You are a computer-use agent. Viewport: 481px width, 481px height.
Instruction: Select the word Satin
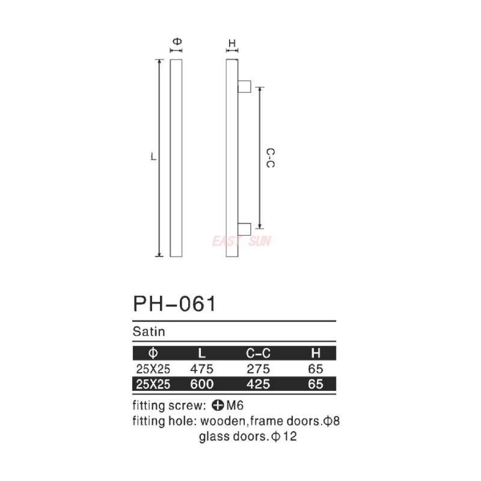[x=149, y=331]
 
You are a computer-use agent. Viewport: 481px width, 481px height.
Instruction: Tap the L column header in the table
[x=201, y=353]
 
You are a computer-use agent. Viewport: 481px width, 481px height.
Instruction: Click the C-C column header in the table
[x=259, y=353]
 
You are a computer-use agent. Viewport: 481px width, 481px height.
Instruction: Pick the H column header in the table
[x=315, y=353]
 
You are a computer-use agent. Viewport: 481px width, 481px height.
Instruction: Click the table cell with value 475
[x=201, y=369]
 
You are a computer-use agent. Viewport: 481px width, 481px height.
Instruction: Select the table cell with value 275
[x=259, y=369]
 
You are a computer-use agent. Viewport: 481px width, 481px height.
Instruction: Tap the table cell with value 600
[x=201, y=384]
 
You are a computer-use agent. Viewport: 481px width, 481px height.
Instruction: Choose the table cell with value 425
[x=259, y=384]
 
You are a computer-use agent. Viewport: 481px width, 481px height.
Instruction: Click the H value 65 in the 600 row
[x=315, y=384]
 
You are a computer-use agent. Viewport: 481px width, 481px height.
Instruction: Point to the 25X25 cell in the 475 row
[x=153, y=369]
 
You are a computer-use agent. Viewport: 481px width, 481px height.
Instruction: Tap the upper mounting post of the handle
[x=245, y=87]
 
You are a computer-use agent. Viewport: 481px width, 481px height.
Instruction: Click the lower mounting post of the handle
[x=245, y=228]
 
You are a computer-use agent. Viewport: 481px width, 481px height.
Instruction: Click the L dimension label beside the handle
[x=154, y=158]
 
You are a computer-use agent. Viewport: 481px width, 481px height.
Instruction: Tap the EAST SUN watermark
[x=241, y=242]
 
